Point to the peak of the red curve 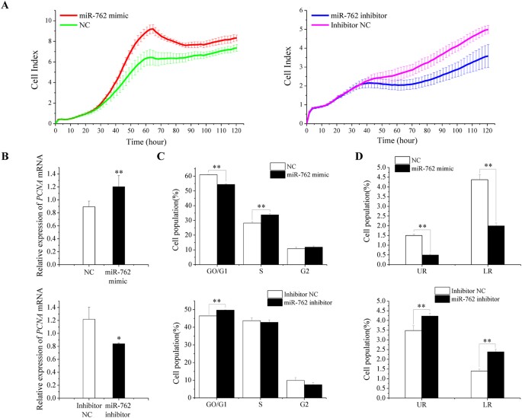pyautogui.click(x=152, y=29)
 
